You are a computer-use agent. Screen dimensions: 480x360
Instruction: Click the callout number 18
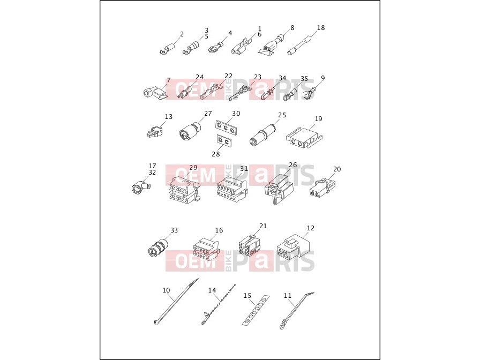[320, 28]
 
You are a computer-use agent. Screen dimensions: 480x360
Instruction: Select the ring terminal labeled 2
[167, 50]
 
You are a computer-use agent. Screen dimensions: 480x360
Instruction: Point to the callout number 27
[208, 114]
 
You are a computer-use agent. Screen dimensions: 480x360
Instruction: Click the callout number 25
[282, 115]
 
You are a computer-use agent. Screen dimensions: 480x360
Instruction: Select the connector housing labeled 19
[305, 136]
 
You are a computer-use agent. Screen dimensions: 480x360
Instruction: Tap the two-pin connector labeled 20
[322, 187]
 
